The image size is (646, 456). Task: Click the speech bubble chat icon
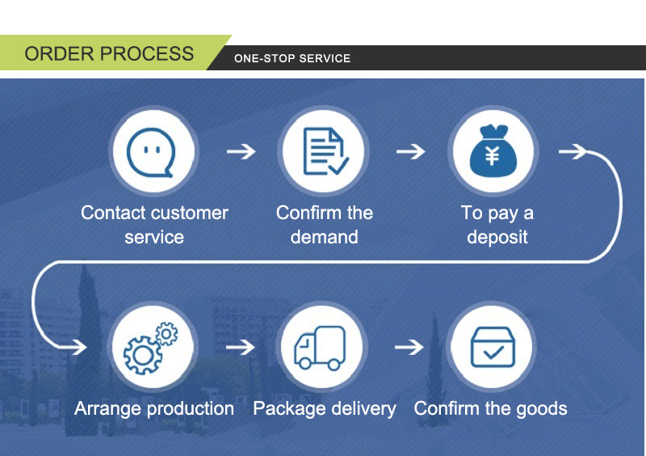click(153, 151)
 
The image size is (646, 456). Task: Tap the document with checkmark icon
click(324, 151)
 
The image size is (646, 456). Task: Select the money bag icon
click(493, 151)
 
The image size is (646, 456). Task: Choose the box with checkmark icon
click(493, 348)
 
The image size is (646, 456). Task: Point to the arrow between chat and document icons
click(240, 151)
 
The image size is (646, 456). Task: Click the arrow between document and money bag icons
click(410, 151)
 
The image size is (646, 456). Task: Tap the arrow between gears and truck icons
click(240, 348)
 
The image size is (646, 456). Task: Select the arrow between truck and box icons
click(409, 348)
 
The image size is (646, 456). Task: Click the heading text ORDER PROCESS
click(109, 54)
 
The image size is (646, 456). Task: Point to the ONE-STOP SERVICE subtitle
click(292, 58)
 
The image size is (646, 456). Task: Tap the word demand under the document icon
click(324, 237)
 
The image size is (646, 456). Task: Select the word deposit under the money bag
click(497, 237)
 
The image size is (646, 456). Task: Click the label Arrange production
click(154, 408)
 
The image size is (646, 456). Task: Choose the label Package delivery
click(325, 408)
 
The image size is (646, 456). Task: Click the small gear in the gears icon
click(166, 333)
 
